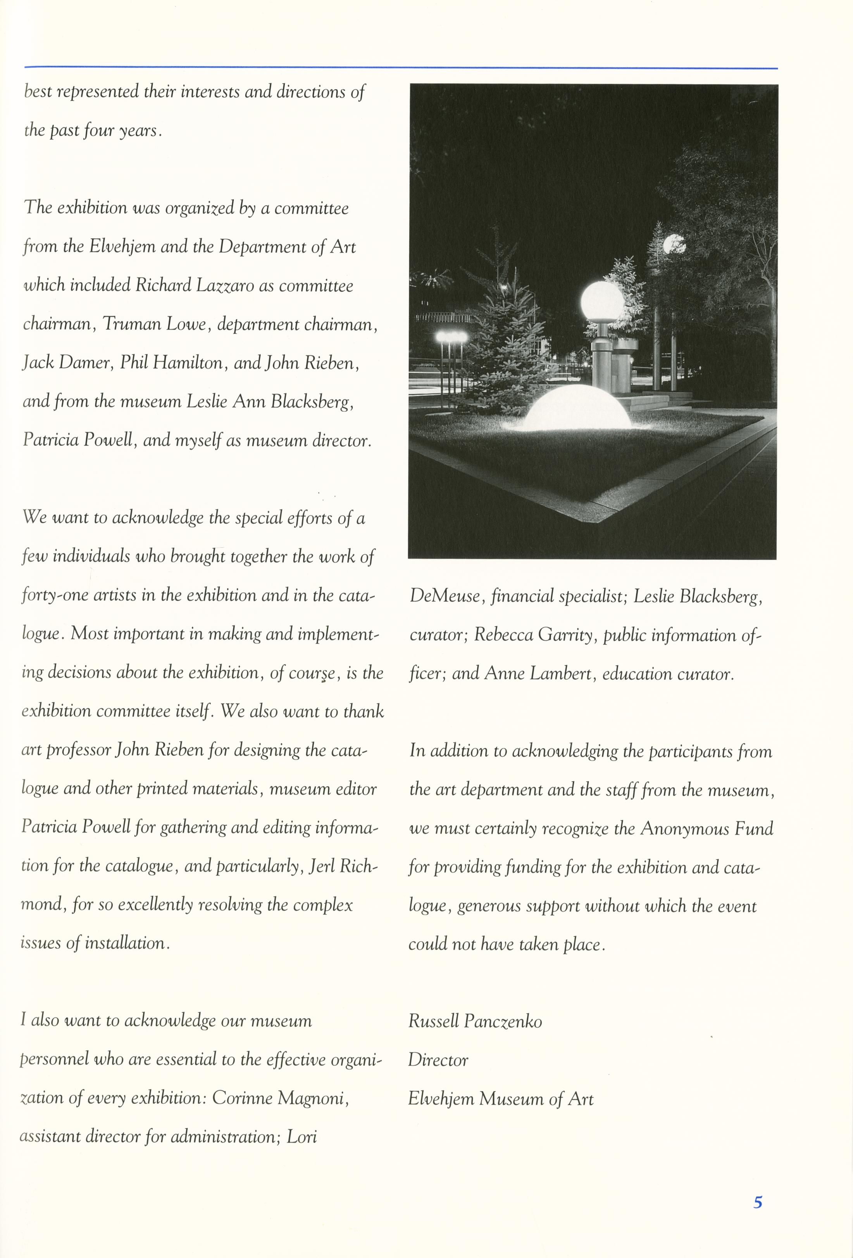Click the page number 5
(x=758, y=1202)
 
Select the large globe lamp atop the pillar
(x=602, y=301)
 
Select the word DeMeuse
(x=444, y=596)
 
